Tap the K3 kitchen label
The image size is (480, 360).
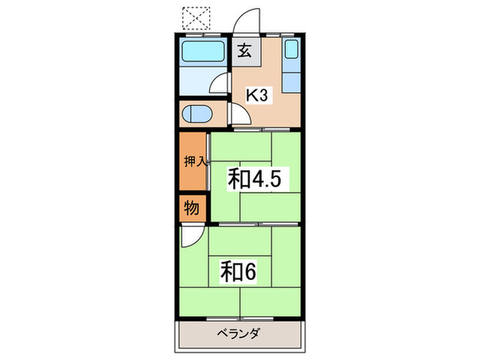point(256,95)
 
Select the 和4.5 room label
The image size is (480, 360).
point(254,179)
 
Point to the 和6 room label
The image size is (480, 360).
point(238,272)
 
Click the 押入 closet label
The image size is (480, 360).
point(194,162)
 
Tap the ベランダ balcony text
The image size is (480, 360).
point(241,335)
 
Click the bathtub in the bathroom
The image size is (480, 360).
point(203,51)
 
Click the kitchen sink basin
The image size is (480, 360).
point(291,51)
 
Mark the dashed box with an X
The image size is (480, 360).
point(197,19)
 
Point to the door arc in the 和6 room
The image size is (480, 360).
point(190,237)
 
